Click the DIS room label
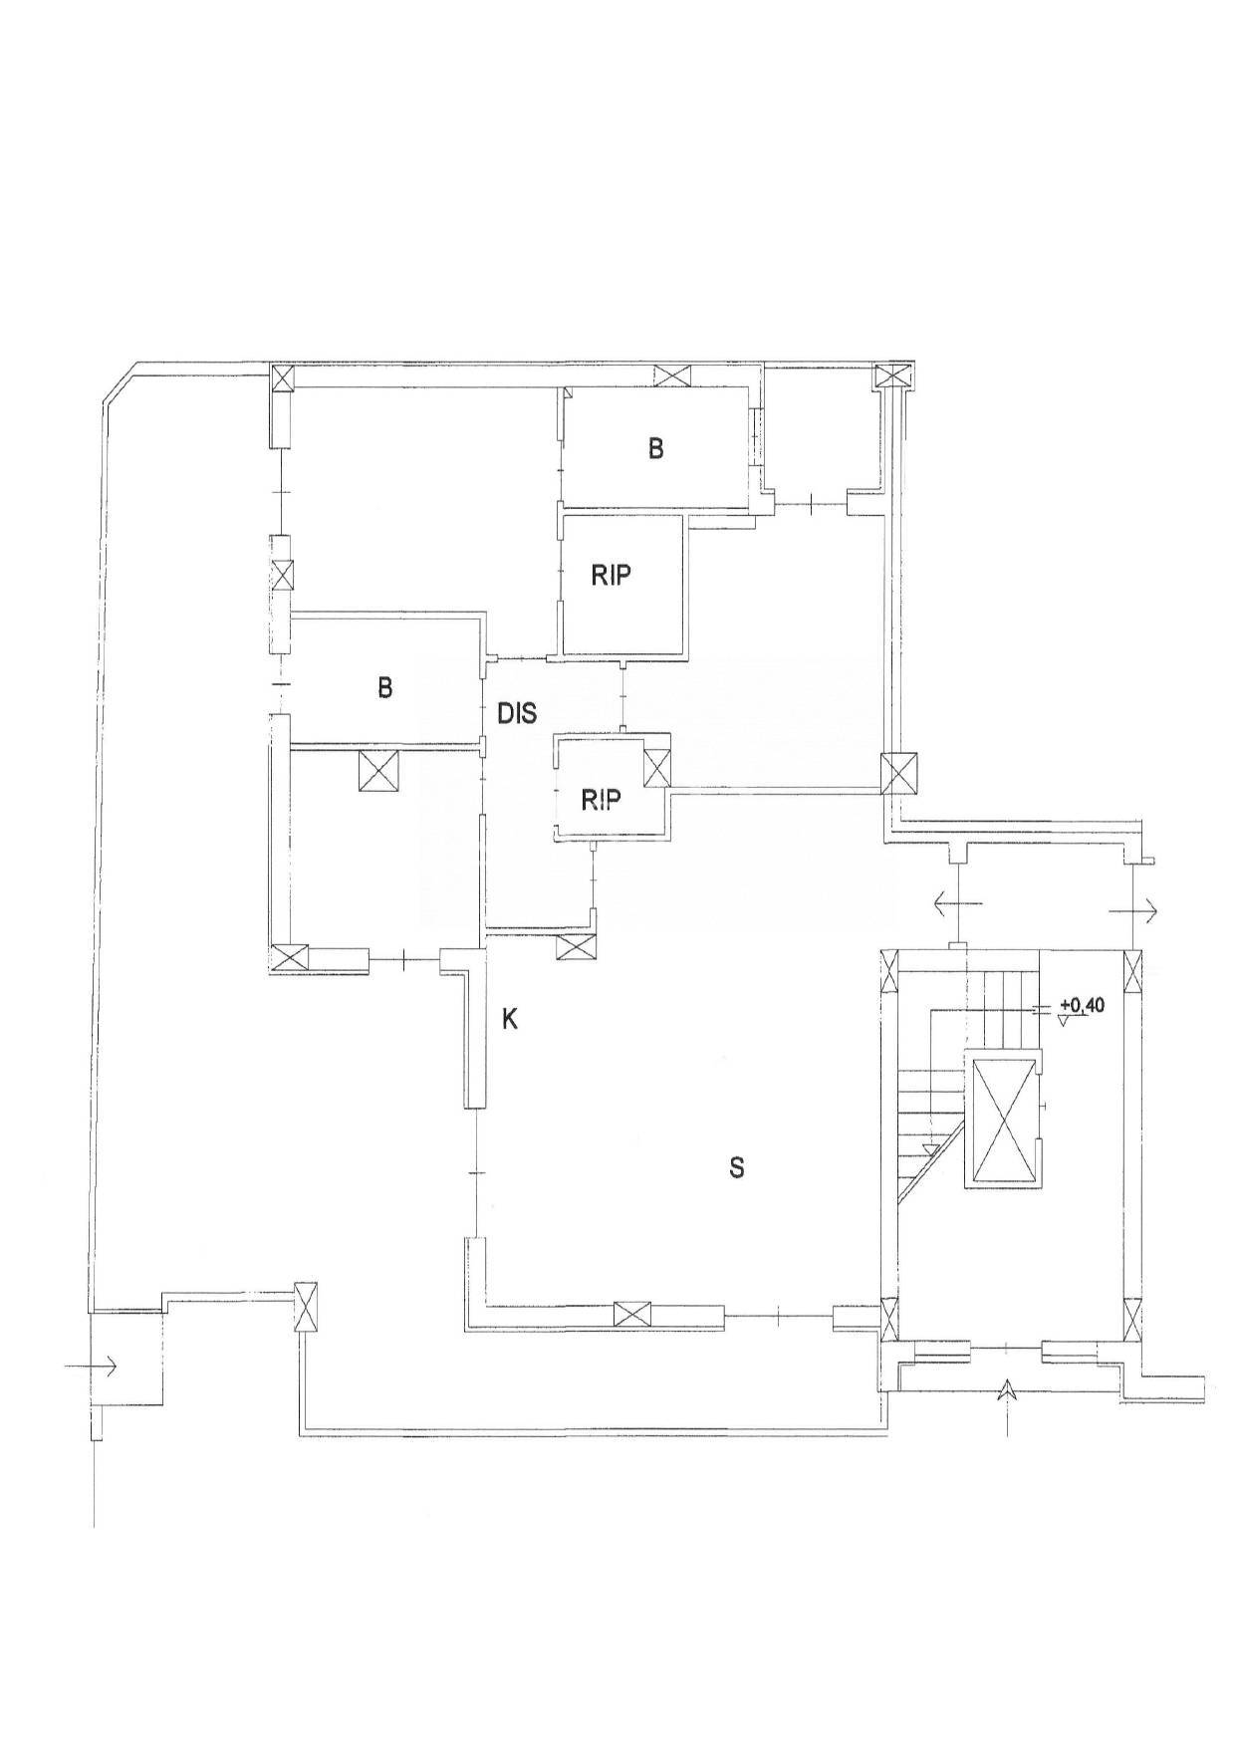(517, 713)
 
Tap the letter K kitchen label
(510, 1020)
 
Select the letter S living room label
(737, 1167)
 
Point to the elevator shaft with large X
(1001, 1120)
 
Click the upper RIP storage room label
(612, 576)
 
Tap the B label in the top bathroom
(655, 449)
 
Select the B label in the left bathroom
(384, 687)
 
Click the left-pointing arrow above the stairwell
(958, 904)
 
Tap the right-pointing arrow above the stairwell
(1131, 907)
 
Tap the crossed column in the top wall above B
(673, 376)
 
